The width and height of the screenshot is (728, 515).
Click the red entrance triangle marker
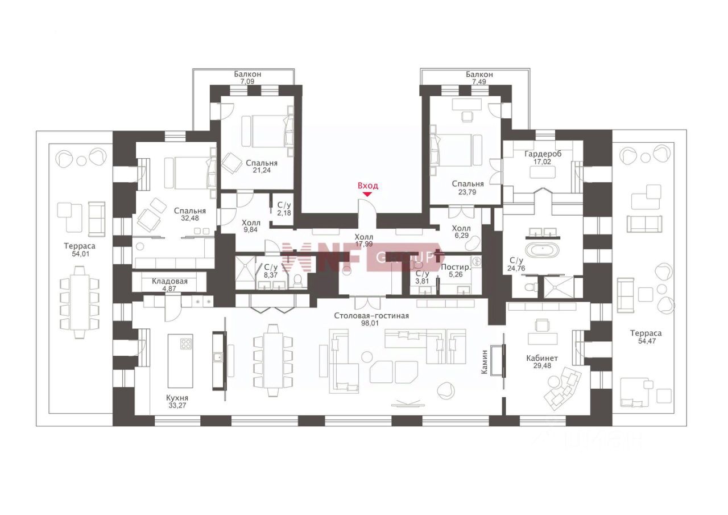click(367, 195)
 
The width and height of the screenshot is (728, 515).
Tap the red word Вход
click(368, 186)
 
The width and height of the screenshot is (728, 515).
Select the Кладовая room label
click(169, 281)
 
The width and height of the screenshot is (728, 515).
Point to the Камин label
click(485, 362)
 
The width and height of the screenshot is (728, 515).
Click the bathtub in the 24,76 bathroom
click(542, 250)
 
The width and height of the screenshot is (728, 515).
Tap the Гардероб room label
click(543, 154)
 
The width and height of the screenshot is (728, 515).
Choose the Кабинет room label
click(542, 358)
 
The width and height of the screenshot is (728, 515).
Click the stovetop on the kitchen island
click(186, 344)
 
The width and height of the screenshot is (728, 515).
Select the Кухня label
click(177, 398)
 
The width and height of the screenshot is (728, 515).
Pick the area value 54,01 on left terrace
click(80, 254)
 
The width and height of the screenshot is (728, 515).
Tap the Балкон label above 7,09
click(247, 74)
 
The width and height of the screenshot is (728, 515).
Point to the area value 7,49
click(479, 81)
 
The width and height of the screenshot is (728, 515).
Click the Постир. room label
click(456, 267)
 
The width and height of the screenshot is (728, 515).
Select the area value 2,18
click(284, 213)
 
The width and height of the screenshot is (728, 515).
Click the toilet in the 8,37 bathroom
click(297, 280)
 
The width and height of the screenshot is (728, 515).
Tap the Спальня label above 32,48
click(190, 211)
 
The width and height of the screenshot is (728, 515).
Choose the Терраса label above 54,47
click(646, 333)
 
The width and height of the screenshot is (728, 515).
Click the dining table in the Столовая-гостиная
click(273, 360)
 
